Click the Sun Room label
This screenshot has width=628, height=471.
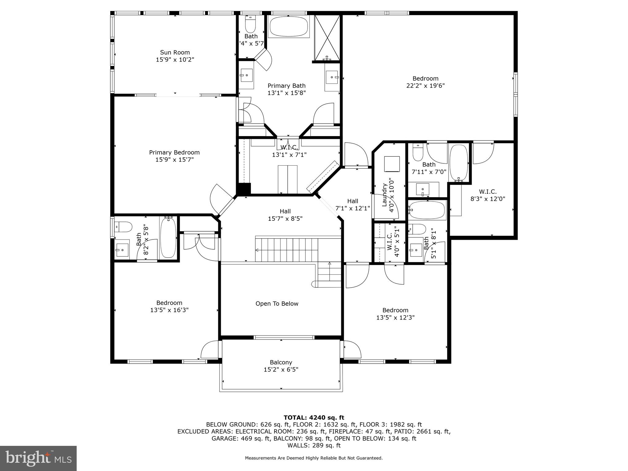click(175, 52)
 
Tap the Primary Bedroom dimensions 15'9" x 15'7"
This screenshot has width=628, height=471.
click(174, 160)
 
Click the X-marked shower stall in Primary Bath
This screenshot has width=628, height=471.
click(327, 37)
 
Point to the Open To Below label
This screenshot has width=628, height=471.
click(277, 304)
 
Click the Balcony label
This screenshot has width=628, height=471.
click(281, 362)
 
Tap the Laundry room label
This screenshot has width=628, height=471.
click(384, 195)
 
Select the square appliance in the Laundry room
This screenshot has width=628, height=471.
click(392, 164)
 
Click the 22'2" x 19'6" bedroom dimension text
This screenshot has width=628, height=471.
click(425, 86)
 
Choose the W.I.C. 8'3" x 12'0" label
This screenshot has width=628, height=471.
click(488, 195)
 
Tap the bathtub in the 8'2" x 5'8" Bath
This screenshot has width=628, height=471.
click(168, 237)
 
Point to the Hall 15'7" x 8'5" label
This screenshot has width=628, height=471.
click(285, 215)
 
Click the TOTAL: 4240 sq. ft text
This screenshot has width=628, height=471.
click(314, 418)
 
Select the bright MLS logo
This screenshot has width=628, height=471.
click(38, 458)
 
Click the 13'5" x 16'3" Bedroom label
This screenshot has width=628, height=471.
click(169, 306)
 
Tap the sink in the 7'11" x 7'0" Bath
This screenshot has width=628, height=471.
click(423, 189)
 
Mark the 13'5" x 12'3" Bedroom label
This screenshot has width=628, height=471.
click(395, 314)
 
